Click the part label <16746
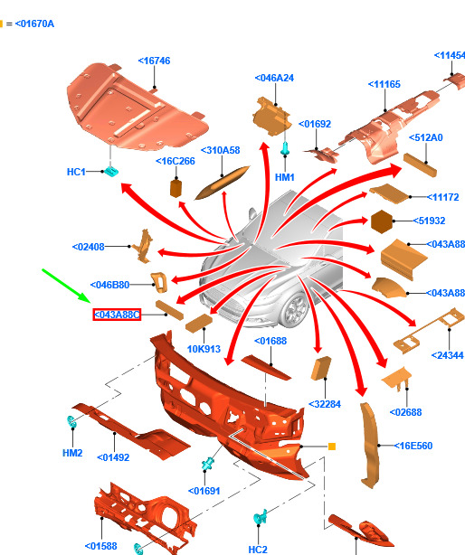pos(154,61)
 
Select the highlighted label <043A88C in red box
pos(117,315)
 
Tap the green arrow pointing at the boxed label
pos(66,286)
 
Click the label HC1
pos(76,172)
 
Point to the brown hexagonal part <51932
pos(382,221)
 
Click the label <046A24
pos(274,78)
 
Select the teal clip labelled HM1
pos(285,148)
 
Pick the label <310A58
pos(220,150)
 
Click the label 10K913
pos(204,349)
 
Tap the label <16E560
pos(413,446)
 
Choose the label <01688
pos(270,341)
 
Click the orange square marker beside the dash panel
pos(332,447)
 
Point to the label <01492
pos(113,457)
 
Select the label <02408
pos(88,247)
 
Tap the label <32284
pos(325,404)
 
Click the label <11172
pos(442,197)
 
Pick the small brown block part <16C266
pos(176,188)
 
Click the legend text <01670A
pos(34,24)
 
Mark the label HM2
pos(72,453)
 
